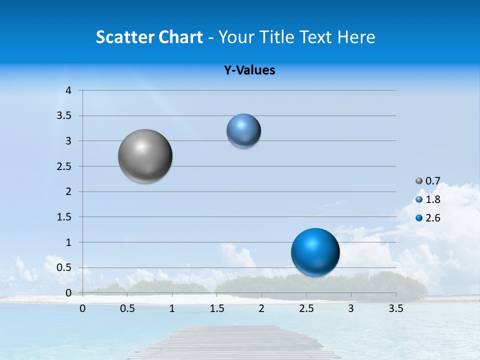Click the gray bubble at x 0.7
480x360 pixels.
click(145, 156)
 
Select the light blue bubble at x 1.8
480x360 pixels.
click(243, 131)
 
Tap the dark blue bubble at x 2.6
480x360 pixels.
click(315, 252)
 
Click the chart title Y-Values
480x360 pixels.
click(249, 70)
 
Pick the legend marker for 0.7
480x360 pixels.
click(419, 181)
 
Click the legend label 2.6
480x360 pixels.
click(432, 218)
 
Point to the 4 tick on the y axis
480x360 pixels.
click(68, 90)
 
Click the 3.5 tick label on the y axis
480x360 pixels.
click(64, 116)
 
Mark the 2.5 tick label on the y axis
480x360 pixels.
click(64, 166)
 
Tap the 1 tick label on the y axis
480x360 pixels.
click(68, 242)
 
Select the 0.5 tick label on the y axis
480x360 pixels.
click(64, 268)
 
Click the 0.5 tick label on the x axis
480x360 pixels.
click(127, 309)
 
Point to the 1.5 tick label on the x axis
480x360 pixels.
click(216, 309)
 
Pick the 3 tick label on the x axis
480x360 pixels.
click(351, 309)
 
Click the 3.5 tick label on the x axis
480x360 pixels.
click(395, 309)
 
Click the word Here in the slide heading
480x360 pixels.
click(356, 37)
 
